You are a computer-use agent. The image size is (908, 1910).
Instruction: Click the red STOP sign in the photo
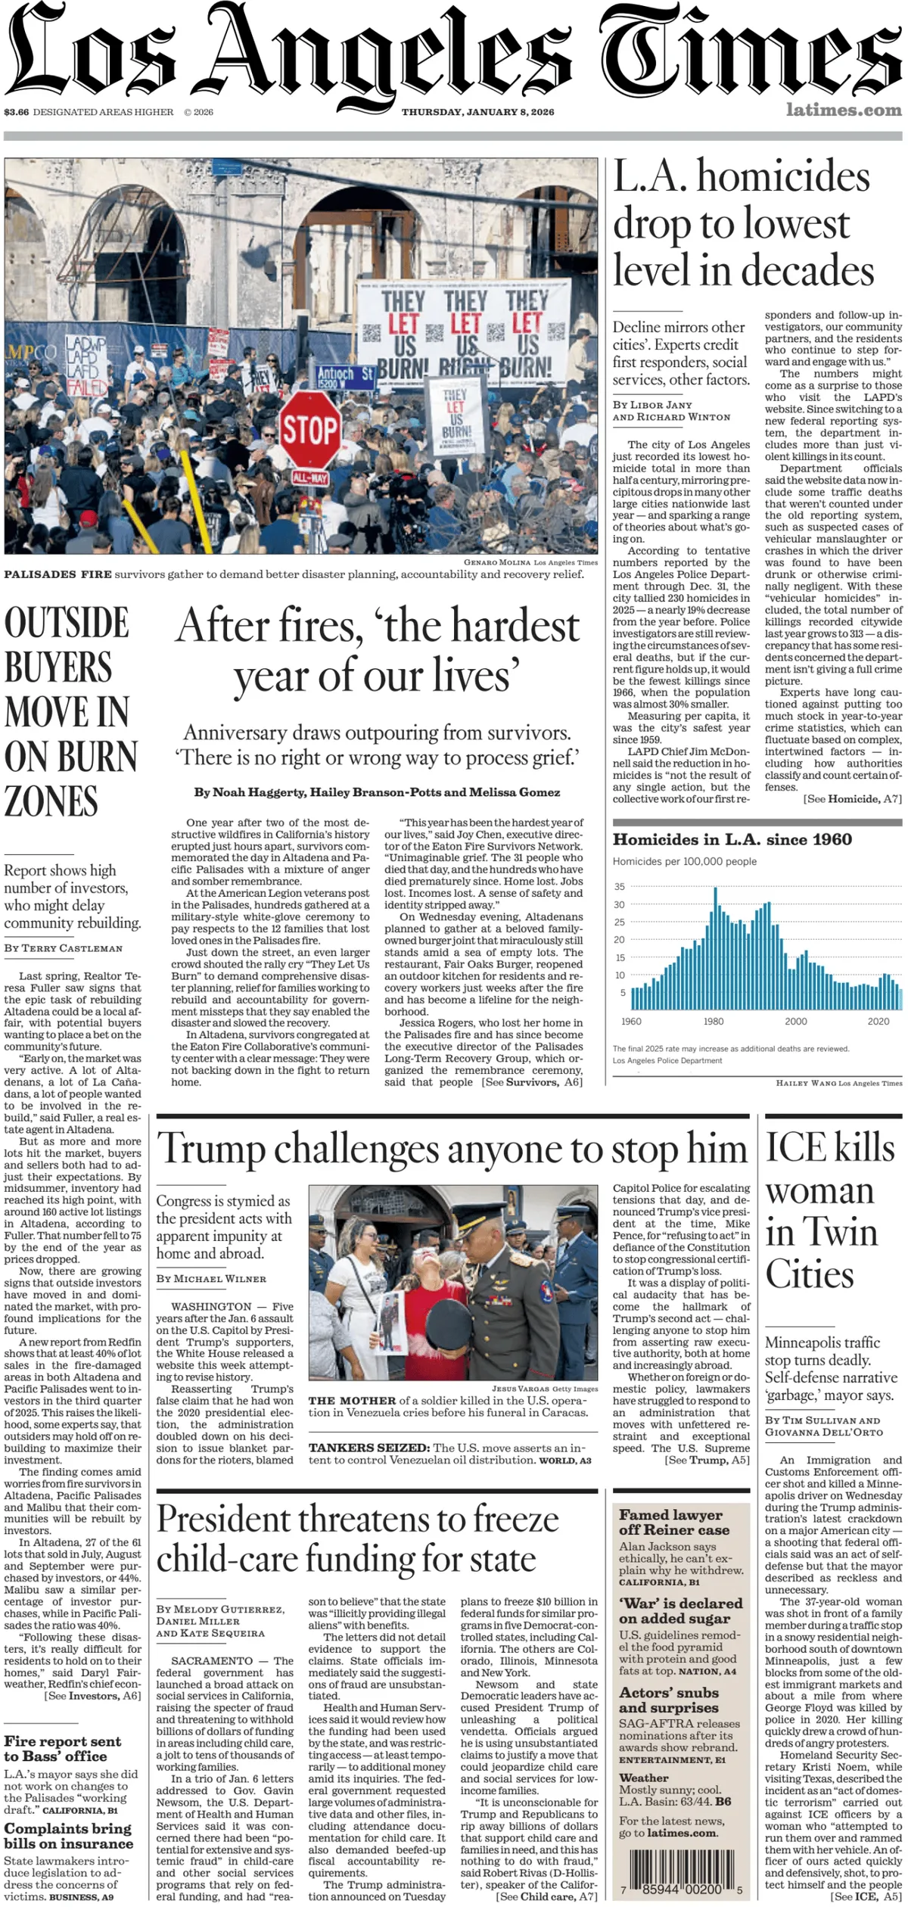(310, 429)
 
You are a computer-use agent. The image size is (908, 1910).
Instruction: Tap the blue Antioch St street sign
(345, 376)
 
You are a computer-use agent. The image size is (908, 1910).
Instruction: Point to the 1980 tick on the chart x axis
(713, 1021)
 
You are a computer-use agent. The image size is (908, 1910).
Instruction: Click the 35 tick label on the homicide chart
(620, 887)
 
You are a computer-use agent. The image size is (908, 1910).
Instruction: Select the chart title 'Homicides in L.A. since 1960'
(732, 839)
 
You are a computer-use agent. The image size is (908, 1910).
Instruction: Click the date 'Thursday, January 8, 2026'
(477, 112)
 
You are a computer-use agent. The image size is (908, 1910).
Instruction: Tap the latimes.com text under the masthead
(843, 110)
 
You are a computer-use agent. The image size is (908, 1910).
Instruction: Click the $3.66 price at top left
(16, 112)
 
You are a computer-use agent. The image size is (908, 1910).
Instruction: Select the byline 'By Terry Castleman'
(63, 948)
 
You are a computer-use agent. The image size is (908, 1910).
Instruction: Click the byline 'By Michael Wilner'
(211, 1278)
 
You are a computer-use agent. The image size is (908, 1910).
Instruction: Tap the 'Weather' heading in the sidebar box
(643, 1778)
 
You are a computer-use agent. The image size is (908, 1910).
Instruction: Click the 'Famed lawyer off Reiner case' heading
(673, 1522)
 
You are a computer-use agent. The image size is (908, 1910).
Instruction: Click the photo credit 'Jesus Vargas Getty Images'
(544, 1389)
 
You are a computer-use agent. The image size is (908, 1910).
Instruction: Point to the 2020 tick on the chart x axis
(878, 1021)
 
